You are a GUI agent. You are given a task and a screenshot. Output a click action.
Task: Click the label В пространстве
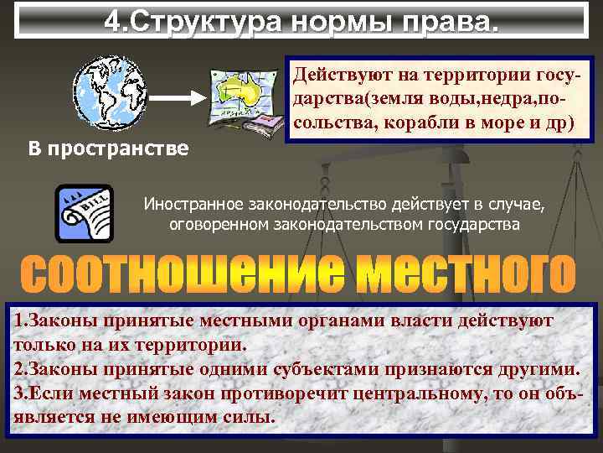tap(96, 149)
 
